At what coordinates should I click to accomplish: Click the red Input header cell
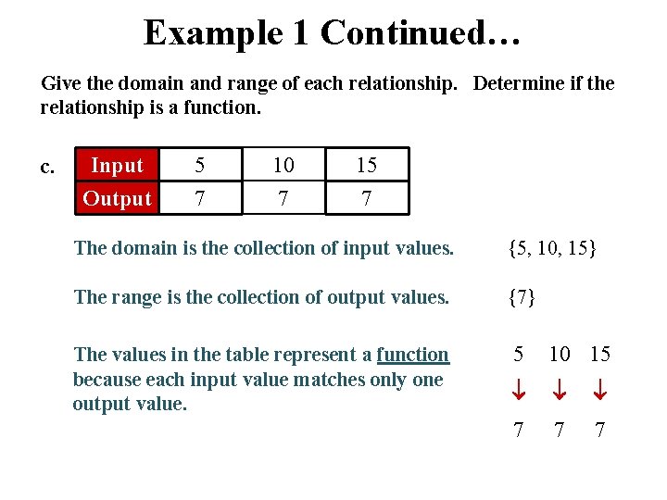pyautogui.click(x=117, y=166)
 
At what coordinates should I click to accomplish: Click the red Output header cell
pyautogui.click(x=117, y=198)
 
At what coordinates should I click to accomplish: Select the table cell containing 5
pyautogui.click(x=199, y=166)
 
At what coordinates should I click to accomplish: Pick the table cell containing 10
pyautogui.click(x=283, y=166)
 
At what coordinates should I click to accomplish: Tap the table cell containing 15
pyautogui.click(x=366, y=166)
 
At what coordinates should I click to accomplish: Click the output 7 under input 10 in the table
pyautogui.click(x=283, y=198)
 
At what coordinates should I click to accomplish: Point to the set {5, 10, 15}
pyautogui.click(x=552, y=248)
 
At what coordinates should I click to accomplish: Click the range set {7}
pyautogui.click(x=522, y=297)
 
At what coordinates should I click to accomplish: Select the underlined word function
pyautogui.click(x=412, y=355)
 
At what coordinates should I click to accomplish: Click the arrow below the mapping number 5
pyautogui.click(x=520, y=393)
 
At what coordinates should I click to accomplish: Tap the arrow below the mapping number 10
pyautogui.click(x=560, y=393)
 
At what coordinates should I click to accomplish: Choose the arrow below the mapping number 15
pyautogui.click(x=599, y=393)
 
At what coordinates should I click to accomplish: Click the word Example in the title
pyautogui.click(x=213, y=33)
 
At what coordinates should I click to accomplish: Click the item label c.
pyautogui.click(x=48, y=167)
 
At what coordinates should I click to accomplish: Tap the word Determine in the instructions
pyautogui.click(x=517, y=83)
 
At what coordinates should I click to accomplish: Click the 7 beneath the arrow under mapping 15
pyautogui.click(x=599, y=431)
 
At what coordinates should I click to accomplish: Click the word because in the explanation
pyautogui.click(x=107, y=380)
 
